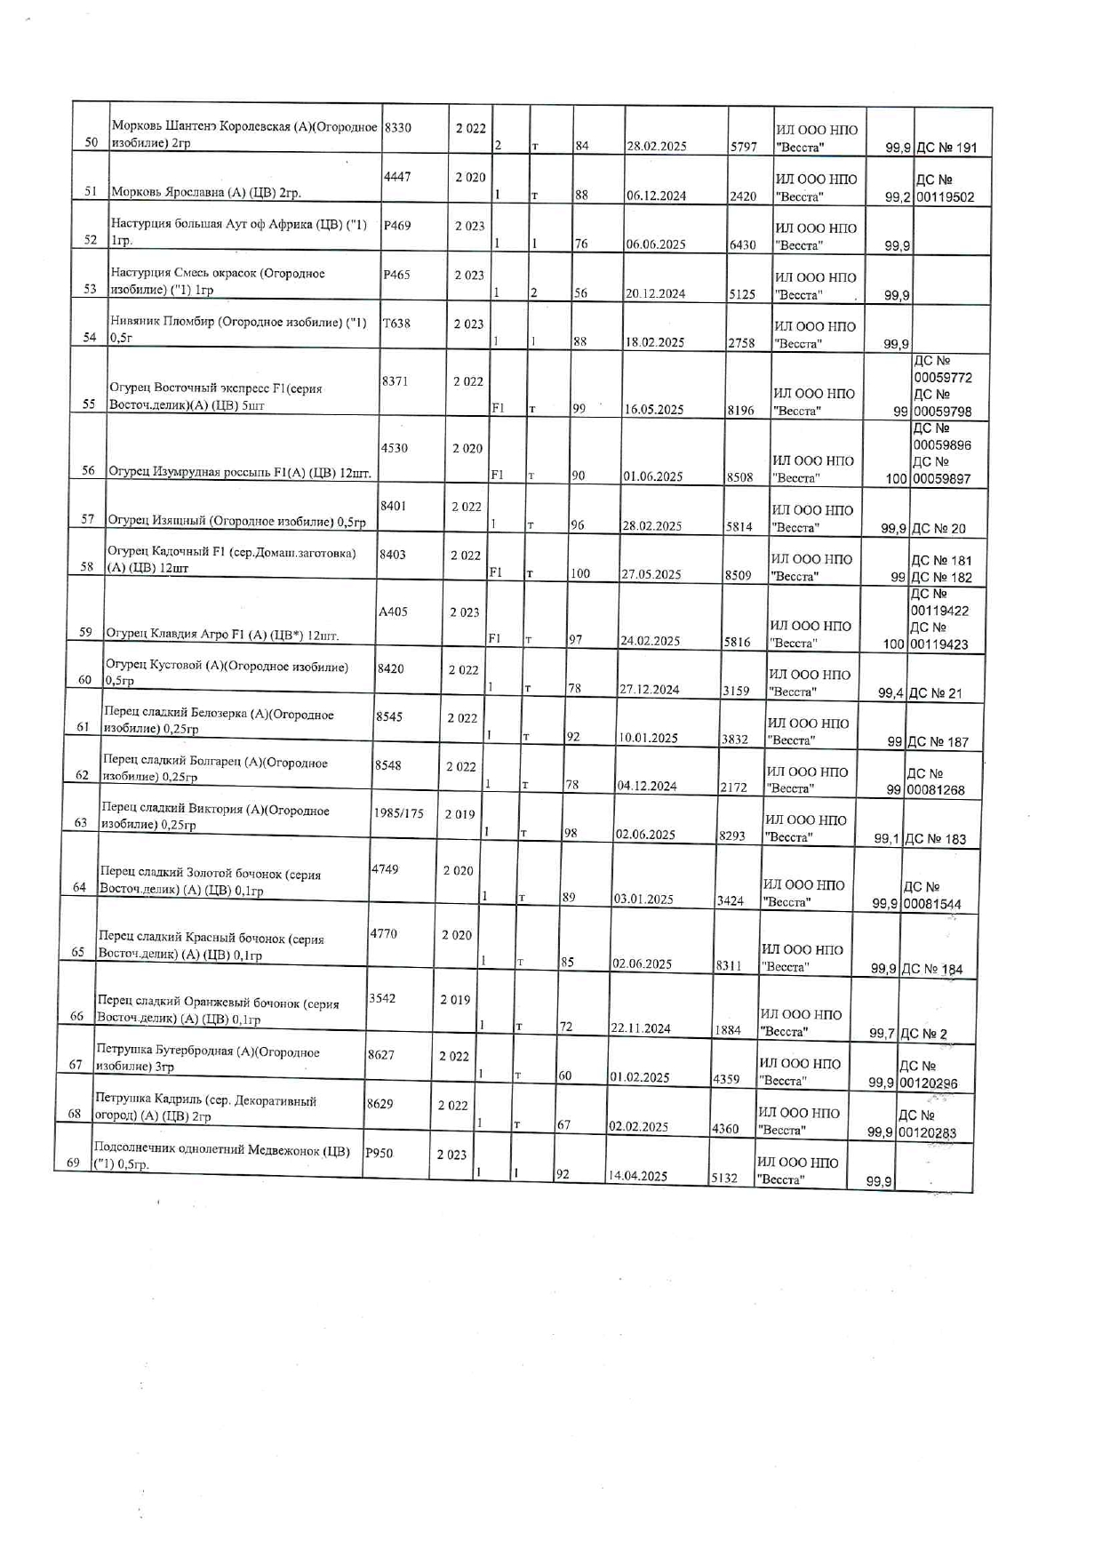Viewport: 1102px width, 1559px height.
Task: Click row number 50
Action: coord(91,142)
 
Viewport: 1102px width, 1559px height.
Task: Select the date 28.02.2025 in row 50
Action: coord(656,147)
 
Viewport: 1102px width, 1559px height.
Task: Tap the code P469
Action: coord(396,226)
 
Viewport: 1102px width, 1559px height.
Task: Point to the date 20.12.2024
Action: coord(655,294)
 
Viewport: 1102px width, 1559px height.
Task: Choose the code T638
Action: coord(396,324)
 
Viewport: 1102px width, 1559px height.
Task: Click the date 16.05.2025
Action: coord(653,410)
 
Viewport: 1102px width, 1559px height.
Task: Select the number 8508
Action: coord(739,477)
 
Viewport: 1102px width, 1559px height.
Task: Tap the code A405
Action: coord(392,612)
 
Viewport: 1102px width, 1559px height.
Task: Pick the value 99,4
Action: coord(890,693)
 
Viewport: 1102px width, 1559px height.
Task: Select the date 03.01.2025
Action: coord(643,899)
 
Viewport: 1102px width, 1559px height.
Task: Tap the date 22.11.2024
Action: coord(640,1028)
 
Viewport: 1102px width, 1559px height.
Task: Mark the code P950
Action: coord(379,1154)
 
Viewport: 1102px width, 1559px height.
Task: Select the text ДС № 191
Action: coord(946,148)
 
